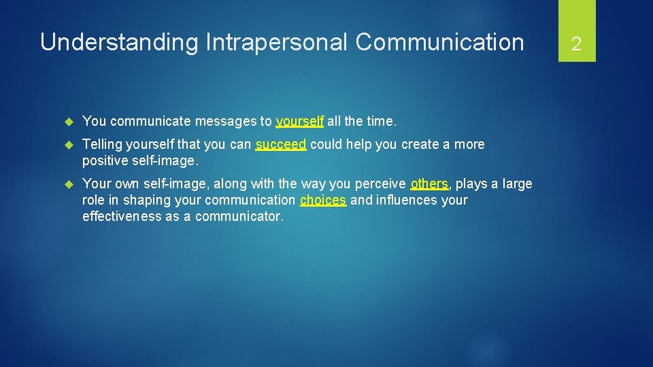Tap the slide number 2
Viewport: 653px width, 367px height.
[x=576, y=45]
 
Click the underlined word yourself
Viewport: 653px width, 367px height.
[x=299, y=122]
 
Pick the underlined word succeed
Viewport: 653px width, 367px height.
[x=281, y=145]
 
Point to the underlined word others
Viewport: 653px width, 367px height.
[x=429, y=184]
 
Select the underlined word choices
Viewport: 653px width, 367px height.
[x=323, y=200]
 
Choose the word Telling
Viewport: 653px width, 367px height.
[x=102, y=145]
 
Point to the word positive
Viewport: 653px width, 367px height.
[x=104, y=161]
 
